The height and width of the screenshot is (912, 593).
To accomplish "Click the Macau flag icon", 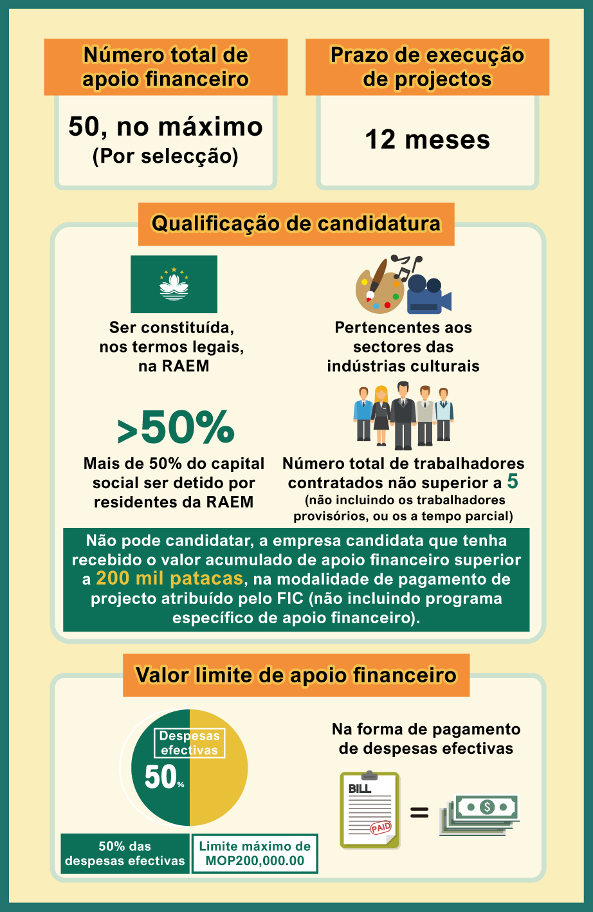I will pos(174,284).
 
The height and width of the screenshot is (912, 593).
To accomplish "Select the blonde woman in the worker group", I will pos(381,415).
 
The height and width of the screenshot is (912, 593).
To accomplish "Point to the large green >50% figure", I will pos(176,428).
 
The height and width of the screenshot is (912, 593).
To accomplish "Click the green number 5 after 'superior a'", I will pos(513,482).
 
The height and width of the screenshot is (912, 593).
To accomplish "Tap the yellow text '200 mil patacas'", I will pos(169,579).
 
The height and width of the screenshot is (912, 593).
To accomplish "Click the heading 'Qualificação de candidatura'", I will pos(296,224).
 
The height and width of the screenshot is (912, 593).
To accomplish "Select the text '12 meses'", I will pos(428,140).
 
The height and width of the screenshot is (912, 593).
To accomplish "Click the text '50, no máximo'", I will pos(166,127).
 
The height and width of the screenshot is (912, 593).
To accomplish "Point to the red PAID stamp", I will pos(381,828).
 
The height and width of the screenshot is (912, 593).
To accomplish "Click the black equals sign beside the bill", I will pos(419,813).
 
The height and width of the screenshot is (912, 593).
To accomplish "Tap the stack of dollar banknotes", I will pos(480,814).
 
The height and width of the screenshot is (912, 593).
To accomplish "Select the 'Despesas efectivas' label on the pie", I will pos(189,743).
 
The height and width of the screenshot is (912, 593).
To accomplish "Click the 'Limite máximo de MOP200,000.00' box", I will pos(255,853).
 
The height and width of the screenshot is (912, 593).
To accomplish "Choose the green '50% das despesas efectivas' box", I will pos(125,853).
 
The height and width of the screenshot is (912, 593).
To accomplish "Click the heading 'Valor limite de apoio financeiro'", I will pos(296,675).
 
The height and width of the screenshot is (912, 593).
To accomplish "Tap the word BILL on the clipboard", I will pos(360,789).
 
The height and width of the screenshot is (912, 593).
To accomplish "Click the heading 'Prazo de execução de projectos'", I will pos(427,67).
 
